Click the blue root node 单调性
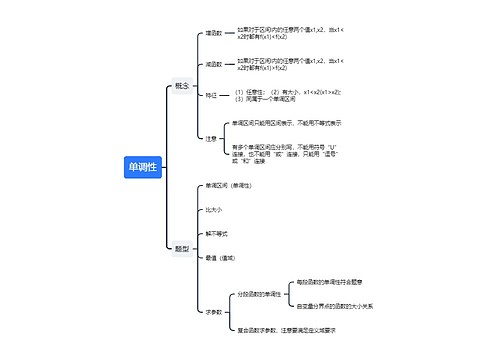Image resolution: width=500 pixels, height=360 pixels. pos(142,167)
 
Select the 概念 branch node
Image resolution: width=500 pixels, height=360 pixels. pos(181,86)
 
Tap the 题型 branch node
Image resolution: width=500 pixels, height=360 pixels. pos(181,249)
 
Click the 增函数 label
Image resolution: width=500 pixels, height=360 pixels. pos(213,33)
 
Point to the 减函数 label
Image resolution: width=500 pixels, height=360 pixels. pos(213,64)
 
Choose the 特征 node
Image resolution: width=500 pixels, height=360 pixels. pos(211,96)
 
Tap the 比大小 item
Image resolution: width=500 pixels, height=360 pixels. pos(213,210)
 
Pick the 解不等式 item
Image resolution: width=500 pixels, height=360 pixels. pos(216,233)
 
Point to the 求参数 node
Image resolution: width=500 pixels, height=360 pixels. pos(213,311)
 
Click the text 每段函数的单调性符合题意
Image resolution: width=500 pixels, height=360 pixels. pos(331,283)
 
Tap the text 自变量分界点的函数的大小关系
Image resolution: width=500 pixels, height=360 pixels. pos(335,306)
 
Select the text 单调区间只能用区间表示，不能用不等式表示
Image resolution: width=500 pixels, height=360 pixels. pos(286,123)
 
